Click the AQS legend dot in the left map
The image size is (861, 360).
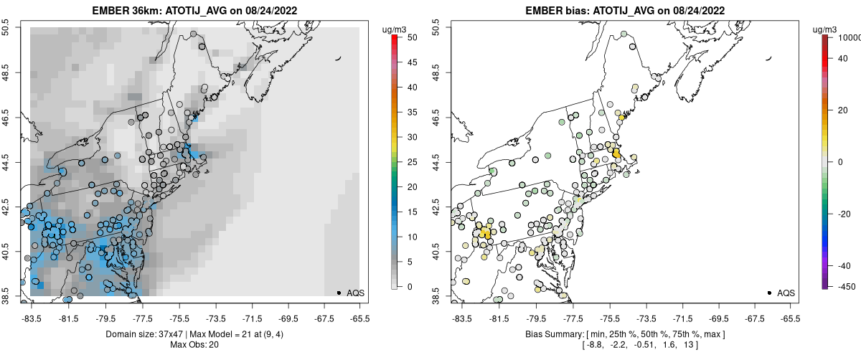point(339,293)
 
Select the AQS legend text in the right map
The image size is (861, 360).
point(786,293)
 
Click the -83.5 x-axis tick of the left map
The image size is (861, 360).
point(32,316)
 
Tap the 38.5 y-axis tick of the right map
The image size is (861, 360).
point(437,296)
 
